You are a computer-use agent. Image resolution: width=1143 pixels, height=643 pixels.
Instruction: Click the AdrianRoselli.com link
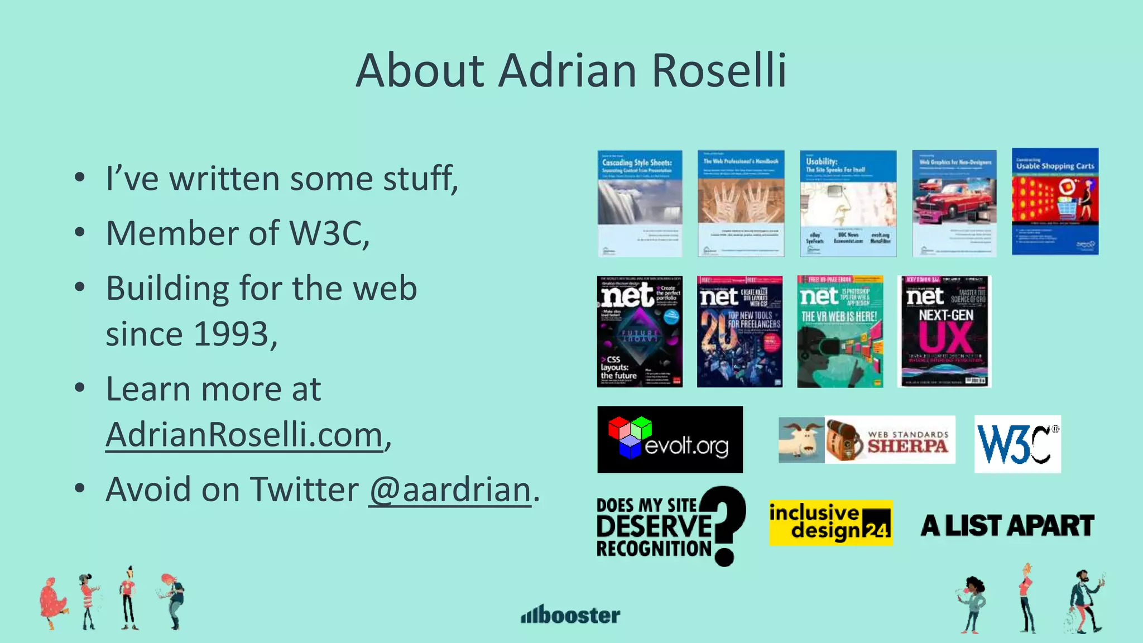click(x=244, y=435)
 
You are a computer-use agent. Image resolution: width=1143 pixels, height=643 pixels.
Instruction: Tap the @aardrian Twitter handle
click(x=450, y=490)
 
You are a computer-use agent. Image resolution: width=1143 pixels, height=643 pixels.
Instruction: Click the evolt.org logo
click(x=670, y=439)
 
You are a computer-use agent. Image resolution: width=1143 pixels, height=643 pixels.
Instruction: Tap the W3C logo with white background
click(x=1017, y=444)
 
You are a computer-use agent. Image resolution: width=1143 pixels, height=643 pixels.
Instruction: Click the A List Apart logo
click(x=1007, y=526)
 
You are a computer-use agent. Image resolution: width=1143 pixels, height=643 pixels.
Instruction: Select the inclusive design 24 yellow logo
click(x=830, y=523)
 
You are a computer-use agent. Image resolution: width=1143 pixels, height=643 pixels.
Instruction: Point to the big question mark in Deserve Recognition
click(x=726, y=525)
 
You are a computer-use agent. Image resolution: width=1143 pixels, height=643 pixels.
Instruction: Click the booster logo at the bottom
click(x=570, y=615)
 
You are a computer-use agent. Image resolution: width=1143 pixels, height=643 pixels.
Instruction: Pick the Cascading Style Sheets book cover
click(x=640, y=203)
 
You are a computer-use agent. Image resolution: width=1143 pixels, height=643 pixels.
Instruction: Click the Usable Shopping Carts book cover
click(x=1055, y=201)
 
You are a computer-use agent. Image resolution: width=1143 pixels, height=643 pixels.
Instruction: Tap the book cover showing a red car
click(x=954, y=203)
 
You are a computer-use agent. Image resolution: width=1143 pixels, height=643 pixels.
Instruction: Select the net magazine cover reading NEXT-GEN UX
click(x=944, y=332)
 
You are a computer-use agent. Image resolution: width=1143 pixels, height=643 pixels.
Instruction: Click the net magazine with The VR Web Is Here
click(x=840, y=332)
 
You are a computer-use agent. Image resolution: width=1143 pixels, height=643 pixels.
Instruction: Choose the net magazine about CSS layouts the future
click(x=640, y=332)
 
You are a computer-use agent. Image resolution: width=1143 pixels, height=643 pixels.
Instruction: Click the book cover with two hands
click(x=741, y=203)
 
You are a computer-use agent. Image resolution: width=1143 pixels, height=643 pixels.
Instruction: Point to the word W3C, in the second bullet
click(x=329, y=233)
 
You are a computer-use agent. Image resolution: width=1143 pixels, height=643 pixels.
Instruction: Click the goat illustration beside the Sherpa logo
click(x=801, y=440)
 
